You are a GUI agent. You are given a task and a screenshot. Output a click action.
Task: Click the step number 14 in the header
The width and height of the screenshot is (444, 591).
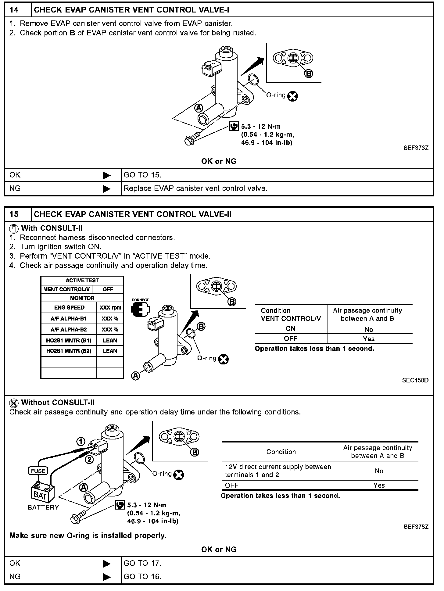[14, 10]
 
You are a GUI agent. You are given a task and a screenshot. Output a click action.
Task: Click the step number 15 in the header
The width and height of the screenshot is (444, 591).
[14, 214]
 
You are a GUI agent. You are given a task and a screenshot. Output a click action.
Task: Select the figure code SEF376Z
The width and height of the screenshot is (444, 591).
[416, 148]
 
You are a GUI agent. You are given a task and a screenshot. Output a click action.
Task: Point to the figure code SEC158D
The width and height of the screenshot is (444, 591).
[415, 380]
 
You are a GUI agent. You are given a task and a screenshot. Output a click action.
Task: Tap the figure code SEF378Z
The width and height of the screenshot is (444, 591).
[416, 527]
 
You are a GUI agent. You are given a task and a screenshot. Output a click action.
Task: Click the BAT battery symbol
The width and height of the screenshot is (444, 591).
[42, 495]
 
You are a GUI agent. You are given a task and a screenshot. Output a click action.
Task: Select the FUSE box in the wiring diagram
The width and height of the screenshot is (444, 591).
[38, 471]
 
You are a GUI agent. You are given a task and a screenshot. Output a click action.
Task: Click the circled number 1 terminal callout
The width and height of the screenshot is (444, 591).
[81, 442]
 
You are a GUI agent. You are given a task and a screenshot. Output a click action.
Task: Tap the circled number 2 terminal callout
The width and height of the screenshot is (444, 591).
[89, 459]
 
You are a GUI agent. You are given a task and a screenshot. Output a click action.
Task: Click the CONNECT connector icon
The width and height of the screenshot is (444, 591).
[140, 309]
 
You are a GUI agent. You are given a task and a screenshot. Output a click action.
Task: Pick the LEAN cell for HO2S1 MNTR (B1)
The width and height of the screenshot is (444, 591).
[110, 340]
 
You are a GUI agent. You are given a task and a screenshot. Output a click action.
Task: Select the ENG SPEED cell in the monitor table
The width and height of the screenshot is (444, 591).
[69, 308]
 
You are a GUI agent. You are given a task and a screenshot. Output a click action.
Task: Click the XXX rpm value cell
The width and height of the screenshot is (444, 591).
[110, 308]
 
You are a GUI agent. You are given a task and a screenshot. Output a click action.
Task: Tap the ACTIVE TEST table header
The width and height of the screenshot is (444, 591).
[82, 280]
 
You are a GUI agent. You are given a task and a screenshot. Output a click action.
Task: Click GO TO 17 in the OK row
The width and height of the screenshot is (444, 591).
[142, 563]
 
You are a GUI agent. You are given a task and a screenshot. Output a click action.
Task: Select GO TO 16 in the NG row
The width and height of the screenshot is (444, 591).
[142, 577]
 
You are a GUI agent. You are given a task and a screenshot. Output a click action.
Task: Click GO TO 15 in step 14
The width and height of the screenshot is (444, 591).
[142, 175]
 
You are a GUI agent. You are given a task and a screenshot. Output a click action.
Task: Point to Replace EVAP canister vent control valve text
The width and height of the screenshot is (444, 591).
[195, 188]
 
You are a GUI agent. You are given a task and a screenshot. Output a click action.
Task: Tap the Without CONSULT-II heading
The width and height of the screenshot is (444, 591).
[58, 403]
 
